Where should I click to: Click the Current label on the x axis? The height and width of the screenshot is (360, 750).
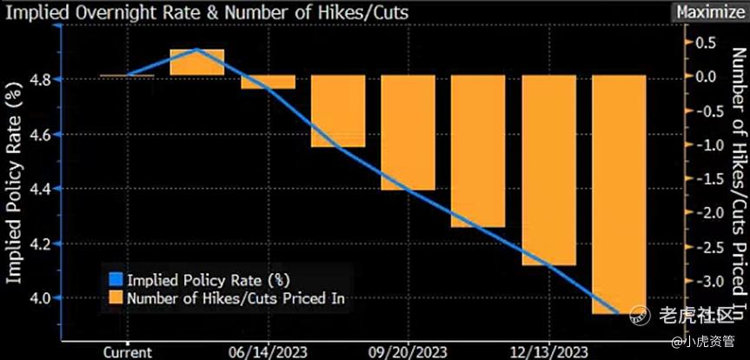(128, 351)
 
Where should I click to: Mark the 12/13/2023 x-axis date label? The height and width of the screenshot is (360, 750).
(550, 351)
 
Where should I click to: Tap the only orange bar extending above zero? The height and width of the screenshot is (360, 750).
(197, 62)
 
